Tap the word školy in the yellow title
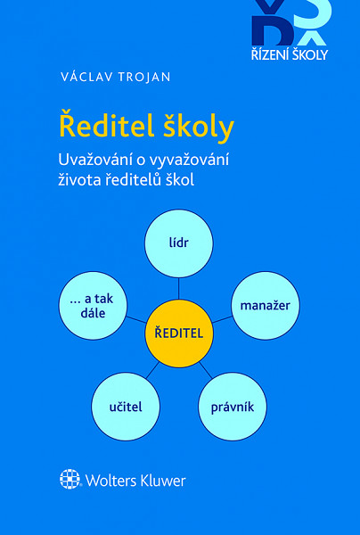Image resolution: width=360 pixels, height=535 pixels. click(200, 126)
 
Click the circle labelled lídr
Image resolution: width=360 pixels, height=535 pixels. click(179, 242)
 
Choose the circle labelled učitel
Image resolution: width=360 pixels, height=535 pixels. click(126, 407)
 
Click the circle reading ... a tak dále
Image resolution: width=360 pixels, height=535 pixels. click(93, 305)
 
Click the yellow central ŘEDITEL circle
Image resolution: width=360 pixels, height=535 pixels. click(179, 333)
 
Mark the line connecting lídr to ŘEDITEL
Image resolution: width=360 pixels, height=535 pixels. click(179, 286)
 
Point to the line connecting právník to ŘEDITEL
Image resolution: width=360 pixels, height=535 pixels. click(205, 368)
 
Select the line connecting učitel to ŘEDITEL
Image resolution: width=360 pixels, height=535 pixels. click(153, 368)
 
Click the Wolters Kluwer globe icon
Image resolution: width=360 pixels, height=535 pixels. click(70, 480)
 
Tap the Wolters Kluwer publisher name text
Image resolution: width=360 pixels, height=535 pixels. click(135, 480)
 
